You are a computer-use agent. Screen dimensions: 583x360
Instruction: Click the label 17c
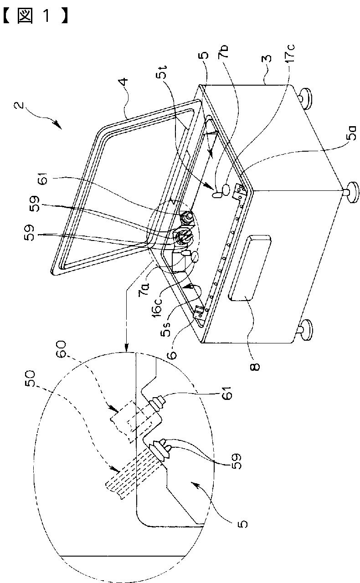pos(291,59)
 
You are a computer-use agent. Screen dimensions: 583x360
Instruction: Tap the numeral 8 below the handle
pos(257,365)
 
